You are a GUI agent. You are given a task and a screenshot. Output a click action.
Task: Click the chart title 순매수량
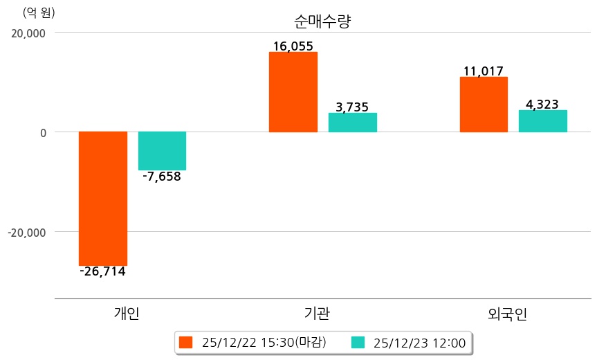pos(322,21)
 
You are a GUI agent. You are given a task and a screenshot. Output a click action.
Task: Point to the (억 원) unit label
pos(39,12)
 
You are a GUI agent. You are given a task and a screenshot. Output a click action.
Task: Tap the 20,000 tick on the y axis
pos(26,33)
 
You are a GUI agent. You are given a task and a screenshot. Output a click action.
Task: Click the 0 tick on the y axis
pos(42,132)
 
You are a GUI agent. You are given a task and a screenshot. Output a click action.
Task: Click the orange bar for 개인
pos(103,198)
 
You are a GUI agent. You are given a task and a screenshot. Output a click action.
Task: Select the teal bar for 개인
pos(162,150)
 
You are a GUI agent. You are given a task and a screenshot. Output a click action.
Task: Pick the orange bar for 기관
pos(293,91)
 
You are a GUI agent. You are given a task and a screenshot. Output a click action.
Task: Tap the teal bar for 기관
pos(352,123)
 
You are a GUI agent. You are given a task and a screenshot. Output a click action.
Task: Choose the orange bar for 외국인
pos(483,104)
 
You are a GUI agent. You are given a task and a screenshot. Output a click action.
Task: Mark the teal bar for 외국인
pos(542,121)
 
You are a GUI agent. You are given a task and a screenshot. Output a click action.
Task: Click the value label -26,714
pos(102,271)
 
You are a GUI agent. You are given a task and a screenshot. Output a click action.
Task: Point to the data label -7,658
pos(162,177)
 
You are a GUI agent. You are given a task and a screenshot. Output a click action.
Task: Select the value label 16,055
pos(293,46)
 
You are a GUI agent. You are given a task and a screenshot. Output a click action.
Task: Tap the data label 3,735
pos(352,107)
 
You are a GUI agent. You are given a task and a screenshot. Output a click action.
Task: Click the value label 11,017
pos(483,71)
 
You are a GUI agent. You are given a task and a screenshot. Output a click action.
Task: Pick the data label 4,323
pos(542,105)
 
